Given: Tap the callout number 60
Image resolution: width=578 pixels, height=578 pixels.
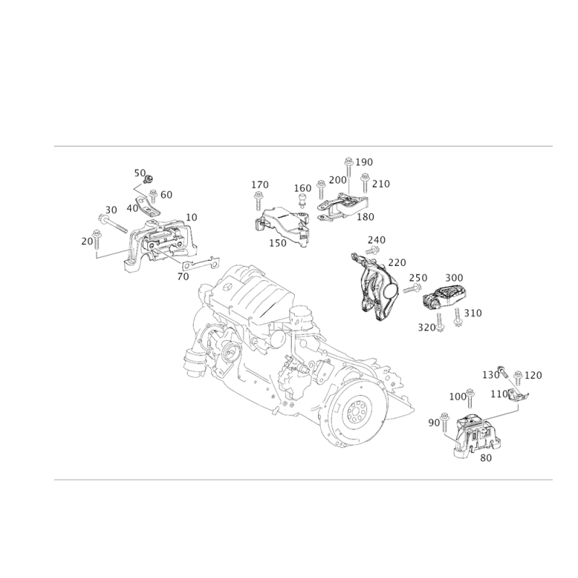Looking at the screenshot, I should point(167,194).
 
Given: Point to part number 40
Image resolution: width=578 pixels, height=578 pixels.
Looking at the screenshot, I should point(131,207).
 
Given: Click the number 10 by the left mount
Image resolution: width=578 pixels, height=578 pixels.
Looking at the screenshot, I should point(192,216).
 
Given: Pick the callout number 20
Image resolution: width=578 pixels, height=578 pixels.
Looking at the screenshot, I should point(87,241).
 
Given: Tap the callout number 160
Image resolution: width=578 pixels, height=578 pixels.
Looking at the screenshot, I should point(259,185).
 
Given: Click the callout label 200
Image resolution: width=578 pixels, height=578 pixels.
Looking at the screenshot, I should point(303,188).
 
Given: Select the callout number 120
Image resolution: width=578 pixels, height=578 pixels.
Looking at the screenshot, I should point(534,374).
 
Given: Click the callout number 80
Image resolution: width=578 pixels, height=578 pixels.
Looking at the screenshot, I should point(486,457).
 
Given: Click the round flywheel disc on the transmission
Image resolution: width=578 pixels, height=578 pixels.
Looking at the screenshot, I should point(355,412).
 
